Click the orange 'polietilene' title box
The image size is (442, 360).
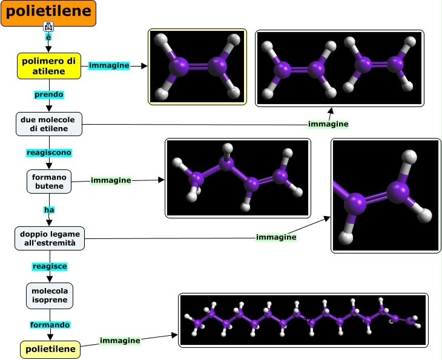click(48, 13)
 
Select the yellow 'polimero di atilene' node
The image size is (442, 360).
click(49, 65)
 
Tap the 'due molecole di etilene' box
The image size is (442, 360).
click(49, 124)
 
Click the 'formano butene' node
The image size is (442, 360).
click(49, 181)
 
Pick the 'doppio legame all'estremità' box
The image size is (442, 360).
click(49, 238)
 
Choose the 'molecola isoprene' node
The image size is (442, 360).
click(49, 295)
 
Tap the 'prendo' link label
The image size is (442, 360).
click(48, 94)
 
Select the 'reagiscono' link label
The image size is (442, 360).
click(48, 152)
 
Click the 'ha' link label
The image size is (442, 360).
click(49, 209)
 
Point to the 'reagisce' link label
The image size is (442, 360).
click(49, 266)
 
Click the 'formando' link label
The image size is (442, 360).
click(50, 325)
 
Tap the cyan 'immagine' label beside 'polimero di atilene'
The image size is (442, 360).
click(109, 65)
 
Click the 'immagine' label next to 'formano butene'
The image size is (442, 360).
click(111, 180)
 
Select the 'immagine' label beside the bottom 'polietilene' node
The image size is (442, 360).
click(120, 341)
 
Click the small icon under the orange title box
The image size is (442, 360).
click(48, 26)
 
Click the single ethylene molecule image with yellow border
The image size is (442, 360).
click(197, 67)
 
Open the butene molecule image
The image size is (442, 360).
click(237, 178)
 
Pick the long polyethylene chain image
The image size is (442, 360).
click(303, 320)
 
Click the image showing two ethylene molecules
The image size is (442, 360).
click(339, 68)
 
